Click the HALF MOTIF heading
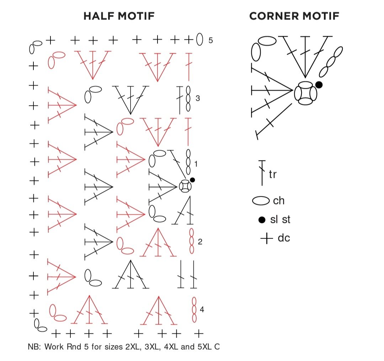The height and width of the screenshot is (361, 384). pyautogui.click(x=119, y=16)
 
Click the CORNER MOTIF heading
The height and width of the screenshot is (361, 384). pyautogui.click(x=294, y=16)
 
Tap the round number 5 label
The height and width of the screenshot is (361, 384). pyautogui.click(x=210, y=40)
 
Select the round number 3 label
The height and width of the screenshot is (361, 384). pyautogui.click(x=198, y=98)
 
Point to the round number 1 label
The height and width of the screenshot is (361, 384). pyautogui.click(x=196, y=164)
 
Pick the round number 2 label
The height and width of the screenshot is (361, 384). pyautogui.click(x=200, y=242)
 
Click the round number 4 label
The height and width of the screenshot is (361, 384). pyautogui.click(x=202, y=310)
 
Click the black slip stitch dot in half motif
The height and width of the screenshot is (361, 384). pyautogui.click(x=192, y=180)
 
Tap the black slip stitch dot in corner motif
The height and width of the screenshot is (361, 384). pyautogui.click(x=319, y=84)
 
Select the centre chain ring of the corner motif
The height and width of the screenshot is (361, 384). pyautogui.click(x=305, y=93)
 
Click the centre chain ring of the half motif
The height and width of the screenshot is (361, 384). pyautogui.click(x=185, y=186)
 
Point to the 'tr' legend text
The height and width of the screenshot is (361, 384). pyautogui.click(x=273, y=175)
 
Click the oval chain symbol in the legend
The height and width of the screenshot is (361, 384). pyautogui.click(x=261, y=201)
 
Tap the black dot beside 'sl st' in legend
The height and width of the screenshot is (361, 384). pyautogui.click(x=262, y=220)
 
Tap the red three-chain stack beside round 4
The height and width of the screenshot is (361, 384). pyautogui.click(x=194, y=310)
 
